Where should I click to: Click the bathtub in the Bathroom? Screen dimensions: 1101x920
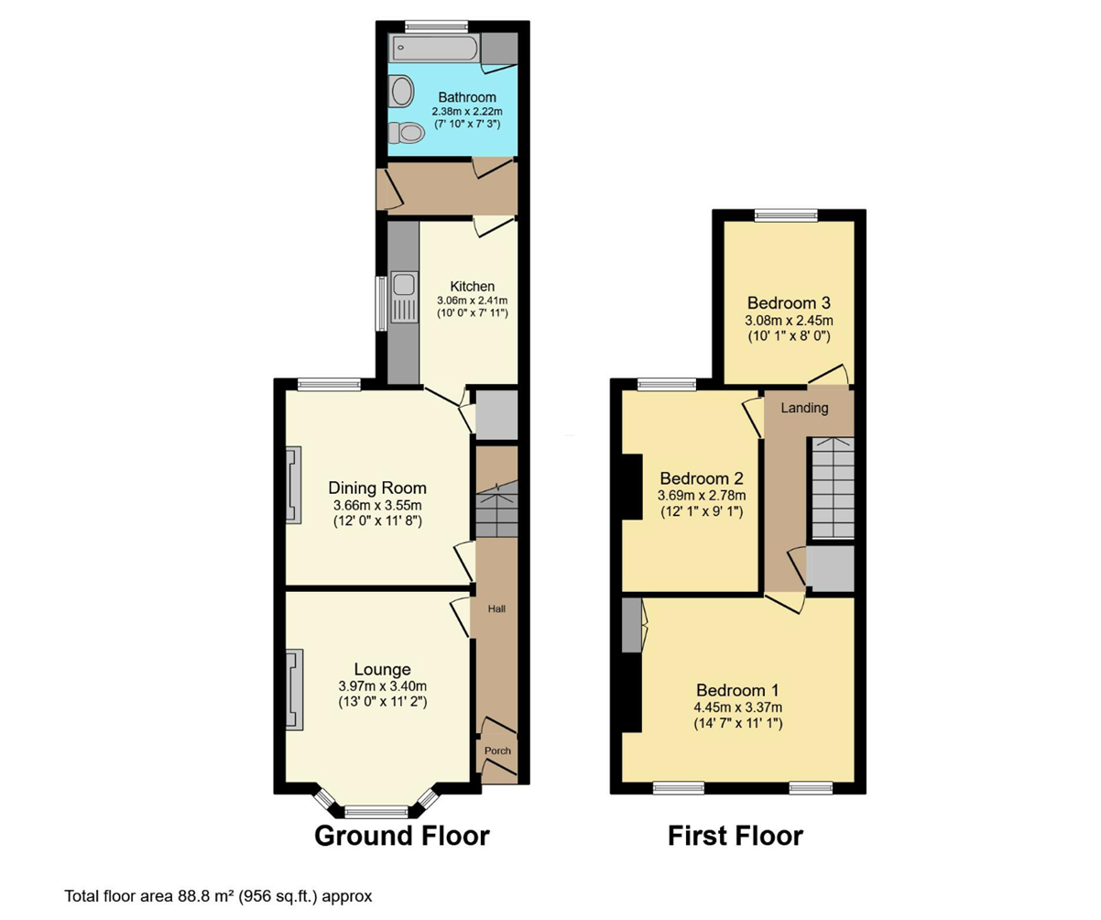(x=434, y=48)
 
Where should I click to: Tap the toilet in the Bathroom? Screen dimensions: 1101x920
(x=407, y=132)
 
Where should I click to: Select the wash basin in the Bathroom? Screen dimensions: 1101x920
(x=403, y=91)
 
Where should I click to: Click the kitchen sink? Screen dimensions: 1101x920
(x=405, y=297)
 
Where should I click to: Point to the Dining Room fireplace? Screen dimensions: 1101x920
(x=294, y=485)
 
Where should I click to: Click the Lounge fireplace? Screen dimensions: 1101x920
(x=295, y=690)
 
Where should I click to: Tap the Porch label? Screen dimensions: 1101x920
(x=497, y=750)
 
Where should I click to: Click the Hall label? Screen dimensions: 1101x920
(x=496, y=608)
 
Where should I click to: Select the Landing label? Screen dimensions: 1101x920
(x=804, y=408)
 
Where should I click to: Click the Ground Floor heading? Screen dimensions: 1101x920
(x=402, y=836)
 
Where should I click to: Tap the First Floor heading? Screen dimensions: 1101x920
(x=736, y=836)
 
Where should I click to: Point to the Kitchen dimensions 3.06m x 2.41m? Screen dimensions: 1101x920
(x=472, y=301)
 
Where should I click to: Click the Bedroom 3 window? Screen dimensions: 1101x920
(x=786, y=214)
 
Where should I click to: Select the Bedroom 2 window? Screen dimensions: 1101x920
(x=667, y=384)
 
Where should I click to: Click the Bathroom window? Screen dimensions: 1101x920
(x=436, y=26)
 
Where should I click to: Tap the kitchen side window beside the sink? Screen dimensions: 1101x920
(x=381, y=304)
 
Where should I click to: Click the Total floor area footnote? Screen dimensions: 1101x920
(x=218, y=896)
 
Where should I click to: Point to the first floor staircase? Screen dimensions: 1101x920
(x=832, y=488)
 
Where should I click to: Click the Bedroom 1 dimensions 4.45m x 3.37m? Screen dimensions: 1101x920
(x=737, y=706)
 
